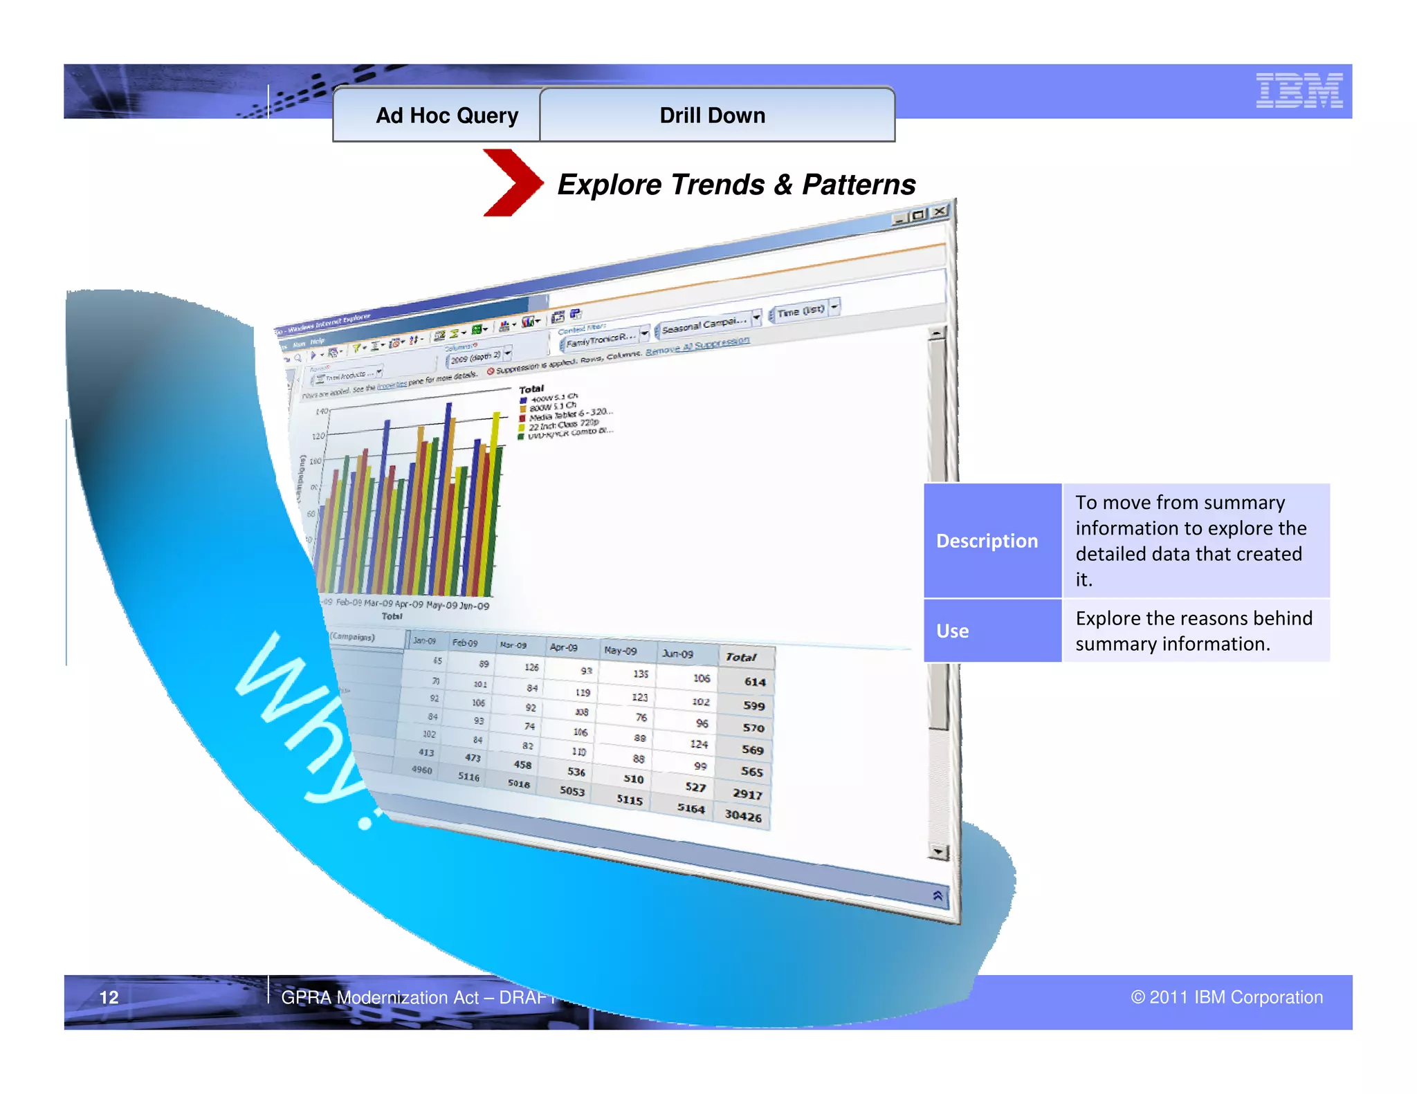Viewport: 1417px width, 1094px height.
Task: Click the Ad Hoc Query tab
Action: tap(446, 115)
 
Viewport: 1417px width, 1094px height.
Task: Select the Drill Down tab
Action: tap(713, 115)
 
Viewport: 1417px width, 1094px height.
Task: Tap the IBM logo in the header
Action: tap(1299, 91)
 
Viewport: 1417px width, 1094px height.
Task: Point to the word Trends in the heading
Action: tap(717, 185)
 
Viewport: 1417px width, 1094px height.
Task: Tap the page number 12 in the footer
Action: tap(109, 997)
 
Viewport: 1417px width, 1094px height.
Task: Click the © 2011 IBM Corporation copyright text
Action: tap(1226, 997)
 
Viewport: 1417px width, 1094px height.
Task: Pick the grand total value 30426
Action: tap(743, 815)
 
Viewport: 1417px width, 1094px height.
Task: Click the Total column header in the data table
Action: tap(741, 657)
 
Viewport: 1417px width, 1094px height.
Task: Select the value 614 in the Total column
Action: tap(754, 682)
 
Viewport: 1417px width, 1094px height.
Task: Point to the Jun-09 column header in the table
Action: tap(677, 653)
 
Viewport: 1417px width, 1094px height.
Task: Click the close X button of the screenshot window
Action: tap(939, 212)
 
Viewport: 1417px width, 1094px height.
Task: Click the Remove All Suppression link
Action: tap(697, 346)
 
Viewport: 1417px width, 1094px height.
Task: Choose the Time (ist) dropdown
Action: tap(803, 310)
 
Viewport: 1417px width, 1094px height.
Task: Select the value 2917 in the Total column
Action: tap(747, 794)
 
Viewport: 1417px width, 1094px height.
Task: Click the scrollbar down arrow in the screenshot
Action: tap(938, 851)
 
